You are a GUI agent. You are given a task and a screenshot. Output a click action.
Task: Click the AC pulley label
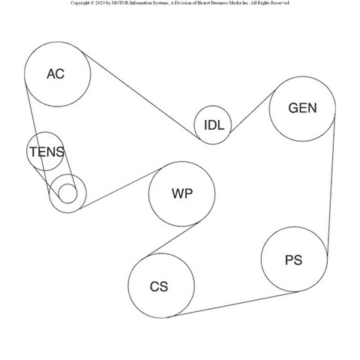click(x=55, y=74)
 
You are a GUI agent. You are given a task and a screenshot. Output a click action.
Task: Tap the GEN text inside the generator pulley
click(x=302, y=108)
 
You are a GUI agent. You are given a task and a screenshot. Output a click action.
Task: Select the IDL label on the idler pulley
click(x=214, y=125)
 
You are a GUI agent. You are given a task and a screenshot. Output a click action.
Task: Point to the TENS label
click(x=47, y=151)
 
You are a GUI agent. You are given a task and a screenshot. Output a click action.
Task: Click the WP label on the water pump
click(x=182, y=193)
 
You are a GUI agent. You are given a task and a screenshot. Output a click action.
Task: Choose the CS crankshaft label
click(x=159, y=286)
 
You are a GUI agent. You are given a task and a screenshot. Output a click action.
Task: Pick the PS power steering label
click(x=293, y=260)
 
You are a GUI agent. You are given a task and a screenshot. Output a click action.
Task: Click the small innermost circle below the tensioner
click(x=67, y=193)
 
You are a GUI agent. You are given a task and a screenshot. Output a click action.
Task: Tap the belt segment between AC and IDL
click(x=141, y=95)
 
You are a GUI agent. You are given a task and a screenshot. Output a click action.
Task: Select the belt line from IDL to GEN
click(x=253, y=111)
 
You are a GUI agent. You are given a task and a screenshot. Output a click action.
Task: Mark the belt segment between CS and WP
click(x=173, y=239)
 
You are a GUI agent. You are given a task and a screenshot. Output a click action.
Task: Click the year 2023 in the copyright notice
click(x=100, y=3)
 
